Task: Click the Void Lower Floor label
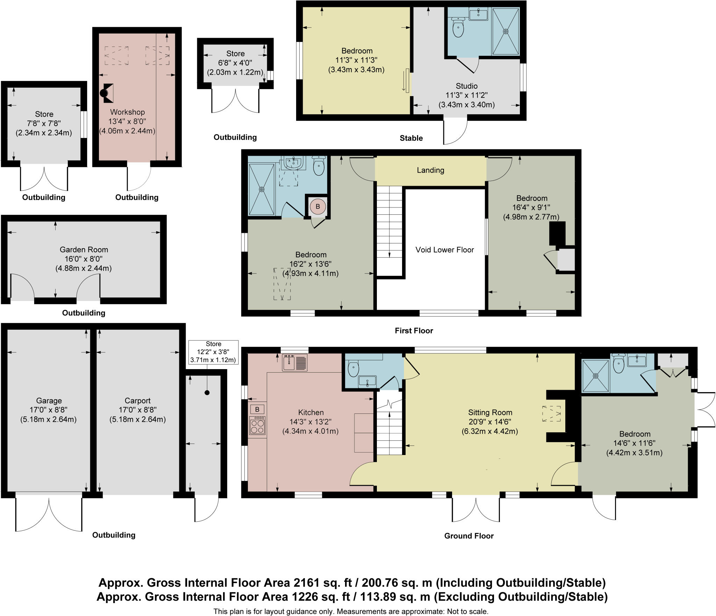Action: pyautogui.click(x=444, y=250)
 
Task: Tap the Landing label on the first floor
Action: pyautogui.click(x=430, y=170)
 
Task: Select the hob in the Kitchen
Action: pyautogui.click(x=257, y=426)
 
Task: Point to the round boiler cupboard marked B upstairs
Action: pyautogui.click(x=318, y=206)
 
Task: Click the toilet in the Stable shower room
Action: pyautogui.click(x=458, y=29)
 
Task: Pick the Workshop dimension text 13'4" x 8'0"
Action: pyautogui.click(x=127, y=122)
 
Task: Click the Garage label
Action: pyautogui.click(x=49, y=401)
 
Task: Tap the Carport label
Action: pyautogui.click(x=137, y=401)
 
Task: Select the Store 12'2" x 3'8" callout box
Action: pyautogui.click(x=213, y=352)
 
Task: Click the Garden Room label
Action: pyautogui.click(x=84, y=250)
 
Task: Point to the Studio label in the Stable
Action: pyautogui.click(x=466, y=86)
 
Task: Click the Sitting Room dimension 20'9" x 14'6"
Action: pyautogui.click(x=490, y=422)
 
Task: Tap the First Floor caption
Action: pyautogui.click(x=414, y=331)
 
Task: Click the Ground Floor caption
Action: pyautogui.click(x=469, y=536)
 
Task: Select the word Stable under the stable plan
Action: pyautogui.click(x=411, y=138)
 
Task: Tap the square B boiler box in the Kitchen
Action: pyautogui.click(x=257, y=409)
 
